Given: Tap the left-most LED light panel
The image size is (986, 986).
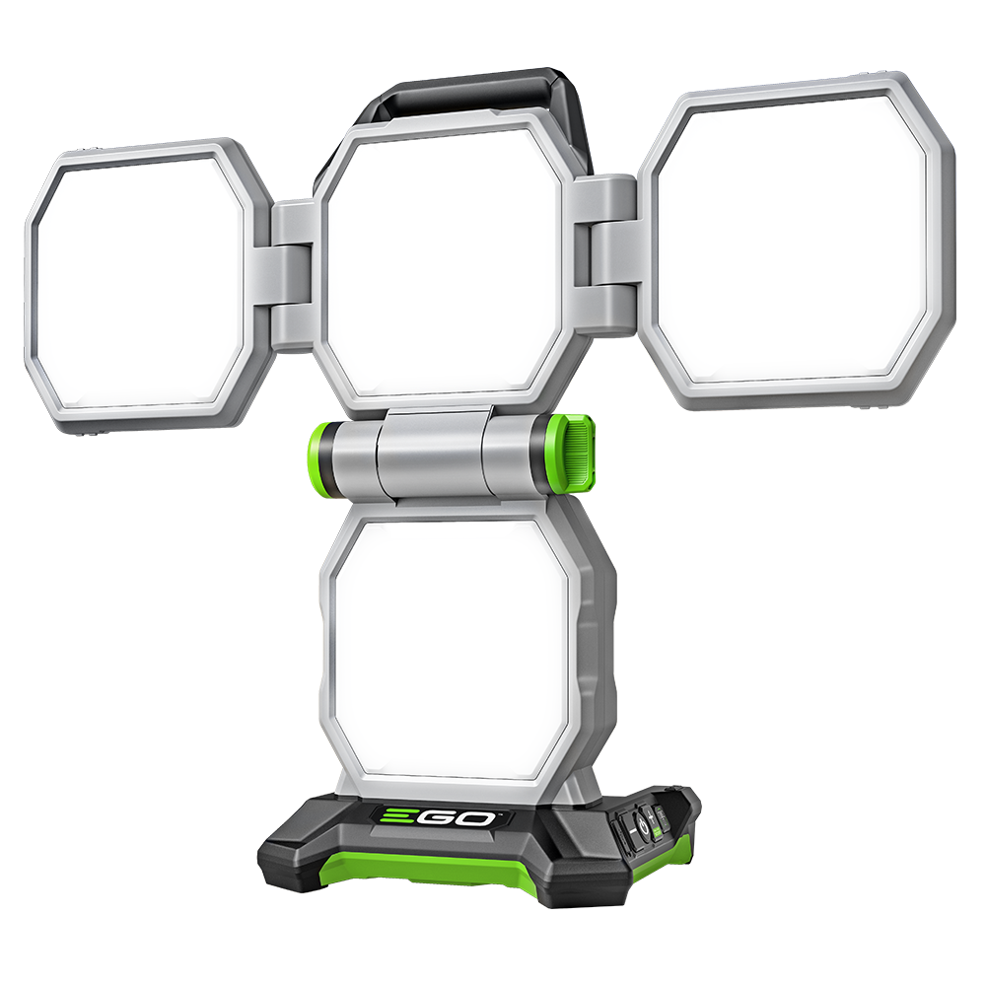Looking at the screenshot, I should pyautogui.click(x=138, y=286).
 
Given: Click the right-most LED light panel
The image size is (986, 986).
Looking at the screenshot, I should pyautogui.click(x=794, y=242).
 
